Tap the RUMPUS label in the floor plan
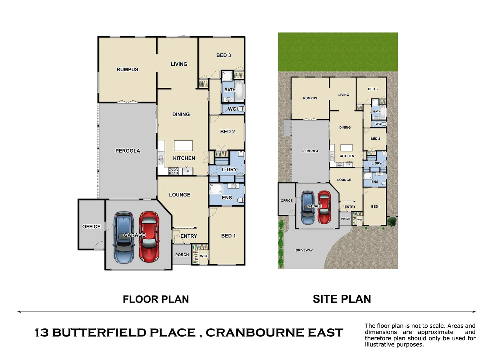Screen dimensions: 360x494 point(127,69)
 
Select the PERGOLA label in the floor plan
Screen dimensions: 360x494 point(128,151)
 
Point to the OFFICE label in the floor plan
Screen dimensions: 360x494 point(91,227)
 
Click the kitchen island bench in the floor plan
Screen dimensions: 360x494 point(183,146)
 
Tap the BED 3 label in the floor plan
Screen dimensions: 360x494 point(224,55)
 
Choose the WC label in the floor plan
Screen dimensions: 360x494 point(232,109)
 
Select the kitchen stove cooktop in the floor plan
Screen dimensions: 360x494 point(173,171)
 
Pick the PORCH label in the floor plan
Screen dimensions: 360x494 point(182,255)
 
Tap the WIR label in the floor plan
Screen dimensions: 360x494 point(204,256)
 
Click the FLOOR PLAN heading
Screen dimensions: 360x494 point(156,299)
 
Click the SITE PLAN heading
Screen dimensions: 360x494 point(342,299)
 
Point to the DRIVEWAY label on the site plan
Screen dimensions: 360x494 point(304,250)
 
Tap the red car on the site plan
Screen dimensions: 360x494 point(324,207)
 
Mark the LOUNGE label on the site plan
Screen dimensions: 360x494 point(344,180)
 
